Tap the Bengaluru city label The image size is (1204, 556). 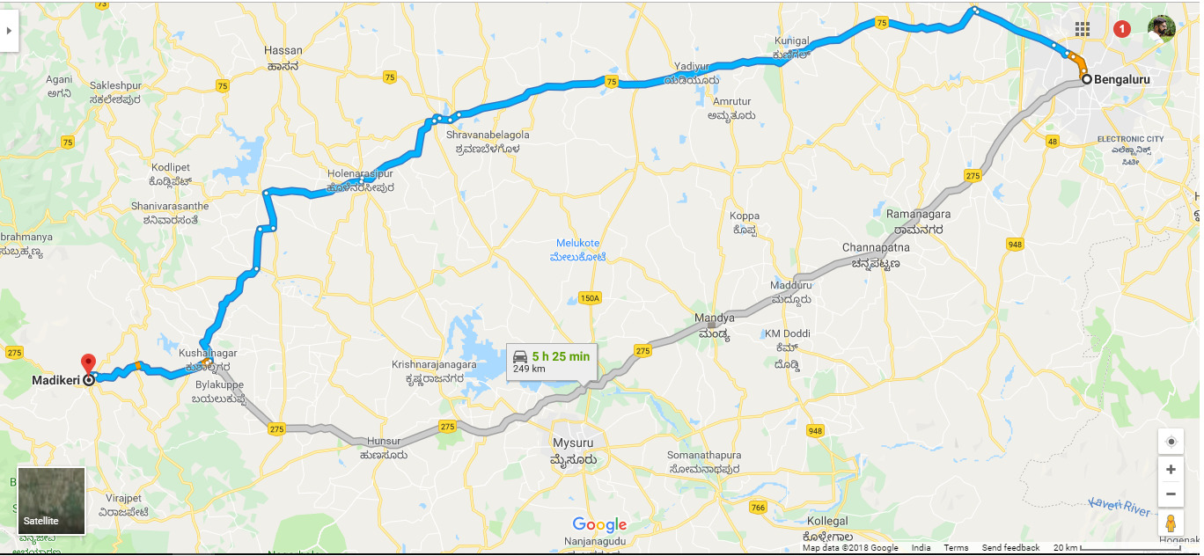click(x=1121, y=79)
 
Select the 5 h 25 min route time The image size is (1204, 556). click(x=561, y=356)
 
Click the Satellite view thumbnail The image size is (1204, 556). click(x=51, y=501)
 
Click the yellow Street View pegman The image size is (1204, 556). click(x=1171, y=523)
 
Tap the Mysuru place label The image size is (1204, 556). click(x=573, y=442)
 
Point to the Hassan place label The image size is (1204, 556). click(x=283, y=51)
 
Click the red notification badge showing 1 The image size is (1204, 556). click(x=1122, y=29)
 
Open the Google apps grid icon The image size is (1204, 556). click(x=1083, y=29)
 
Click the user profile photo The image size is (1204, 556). click(x=1161, y=28)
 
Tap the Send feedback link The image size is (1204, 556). click(x=1010, y=548)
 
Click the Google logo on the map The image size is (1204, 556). click(x=599, y=525)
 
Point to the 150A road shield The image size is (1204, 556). click(x=590, y=298)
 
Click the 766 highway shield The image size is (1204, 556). click(x=758, y=508)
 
